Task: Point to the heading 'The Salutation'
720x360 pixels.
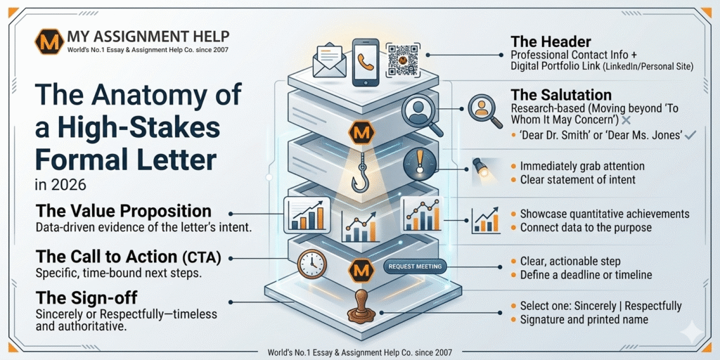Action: [x=561, y=95]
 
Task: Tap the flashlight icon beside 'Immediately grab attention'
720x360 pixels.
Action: [x=481, y=167]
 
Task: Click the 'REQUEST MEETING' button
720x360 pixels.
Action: [x=415, y=266]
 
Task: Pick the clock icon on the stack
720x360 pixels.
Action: [x=310, y=264]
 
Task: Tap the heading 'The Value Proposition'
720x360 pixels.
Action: [x=123, y=211]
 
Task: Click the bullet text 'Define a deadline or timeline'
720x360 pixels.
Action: [x=586, y=275]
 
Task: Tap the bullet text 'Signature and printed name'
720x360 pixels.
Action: [x=584, y=320]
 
